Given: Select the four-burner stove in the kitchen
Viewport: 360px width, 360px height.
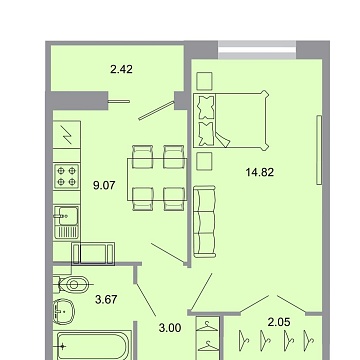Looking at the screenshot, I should (68, 179).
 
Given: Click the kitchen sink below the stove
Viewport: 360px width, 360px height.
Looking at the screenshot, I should (67, 218).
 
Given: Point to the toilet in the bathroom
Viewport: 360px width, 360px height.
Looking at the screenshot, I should (66, 281).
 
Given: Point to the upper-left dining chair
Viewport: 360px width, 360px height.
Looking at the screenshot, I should (140, 152).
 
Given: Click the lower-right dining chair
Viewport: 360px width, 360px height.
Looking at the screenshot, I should (174, 194).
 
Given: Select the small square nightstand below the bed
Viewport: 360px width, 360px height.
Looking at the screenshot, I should (204, 159).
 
